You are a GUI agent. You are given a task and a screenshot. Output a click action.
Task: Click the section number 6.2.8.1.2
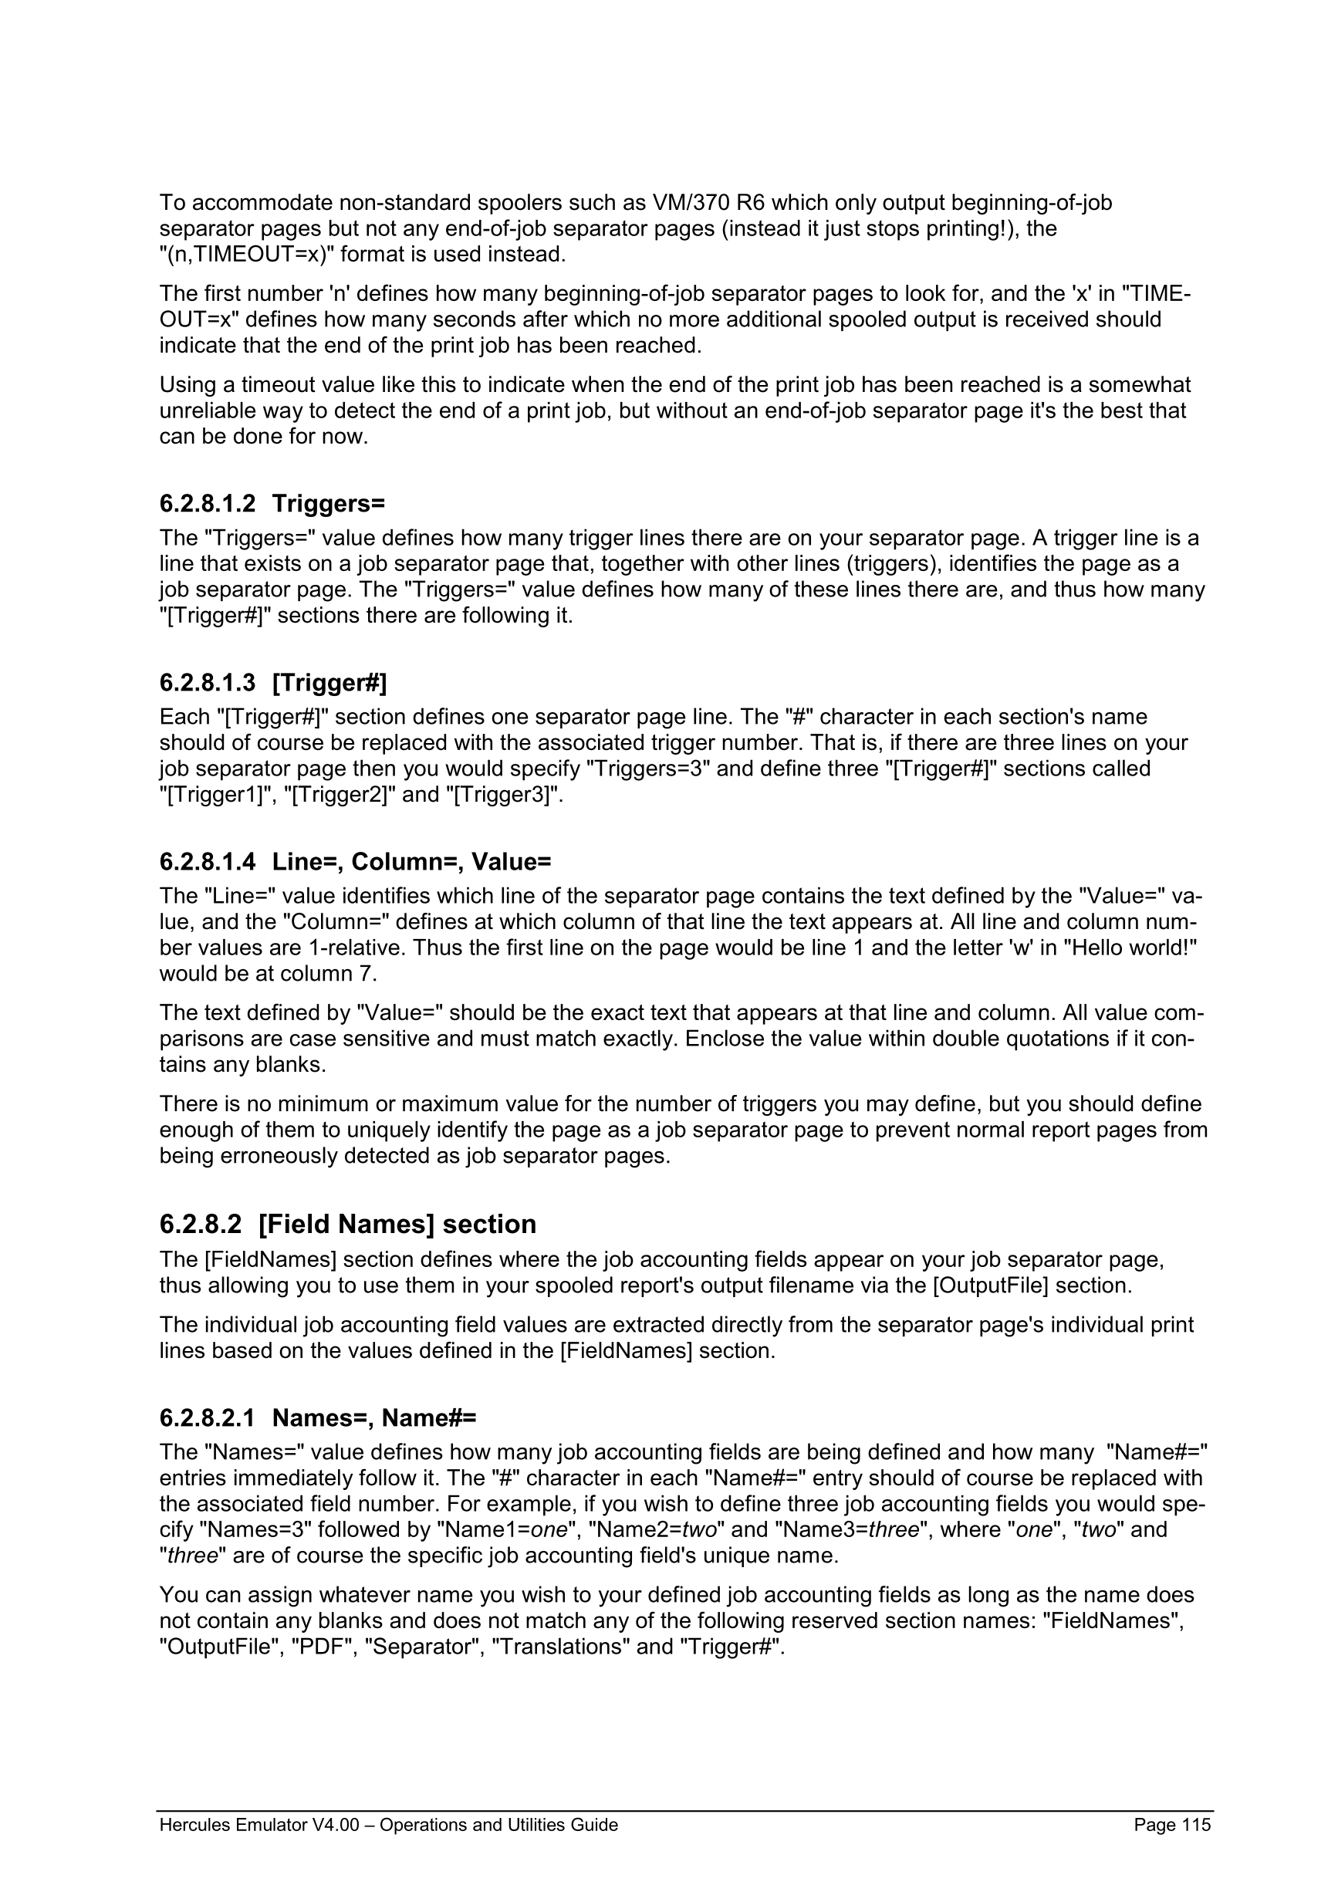tap(207, 502)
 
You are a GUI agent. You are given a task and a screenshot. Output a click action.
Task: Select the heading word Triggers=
tap(328, 502)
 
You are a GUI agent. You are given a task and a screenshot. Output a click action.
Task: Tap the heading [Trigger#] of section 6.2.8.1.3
tap(329, 682)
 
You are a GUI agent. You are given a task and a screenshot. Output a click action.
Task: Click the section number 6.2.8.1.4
tap(207, 862)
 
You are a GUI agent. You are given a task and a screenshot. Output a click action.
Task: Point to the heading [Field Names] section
tap(397, 1225)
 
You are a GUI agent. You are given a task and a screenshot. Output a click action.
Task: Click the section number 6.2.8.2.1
tap(207, 1417)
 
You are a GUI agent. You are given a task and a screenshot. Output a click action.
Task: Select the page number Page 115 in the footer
tap(1171, 1824)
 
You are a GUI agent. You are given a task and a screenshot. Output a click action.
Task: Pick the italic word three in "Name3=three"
tap(893, 1530)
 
